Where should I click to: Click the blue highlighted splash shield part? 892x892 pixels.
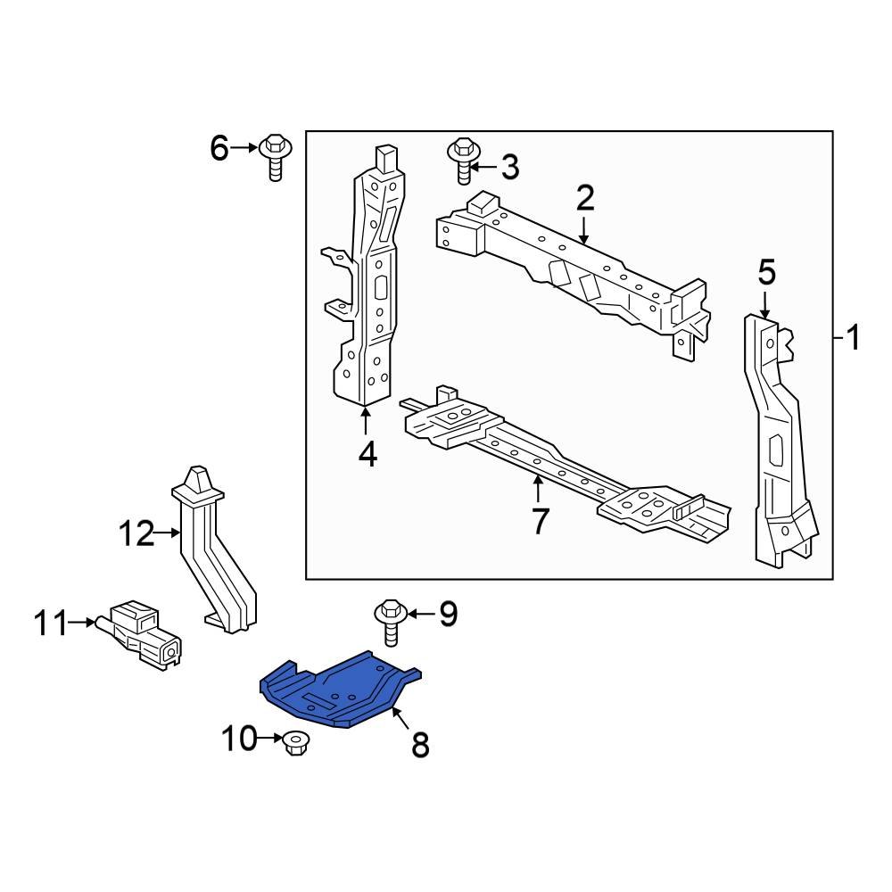click(x=339, y=691)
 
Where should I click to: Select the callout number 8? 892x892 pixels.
click(x=419, y=744)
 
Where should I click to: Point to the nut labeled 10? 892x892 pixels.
click(x=293, y=742)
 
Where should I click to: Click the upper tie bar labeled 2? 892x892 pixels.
click(x=571, y=268)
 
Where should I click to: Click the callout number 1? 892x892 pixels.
click(x=853, y=338)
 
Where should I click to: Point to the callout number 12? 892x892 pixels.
click(x=137, y=534)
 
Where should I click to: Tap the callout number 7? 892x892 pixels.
click(x=539, y=521)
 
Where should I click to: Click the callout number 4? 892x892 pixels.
click(x=367, y=455)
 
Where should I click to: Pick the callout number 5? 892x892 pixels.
click(x=767, y=273)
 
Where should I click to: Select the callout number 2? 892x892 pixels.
click(x=584, y=197)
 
